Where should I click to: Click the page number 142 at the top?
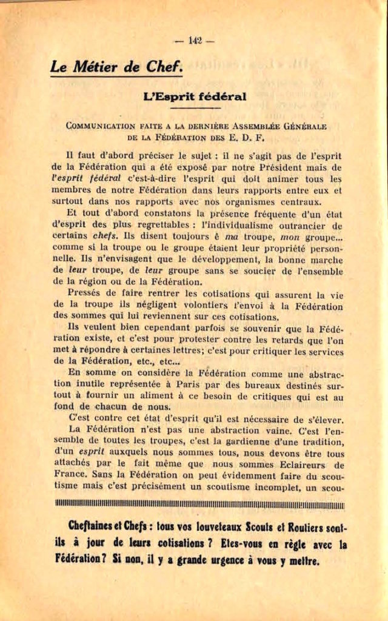(194, 41)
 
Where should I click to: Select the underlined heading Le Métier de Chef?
(116, 67)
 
